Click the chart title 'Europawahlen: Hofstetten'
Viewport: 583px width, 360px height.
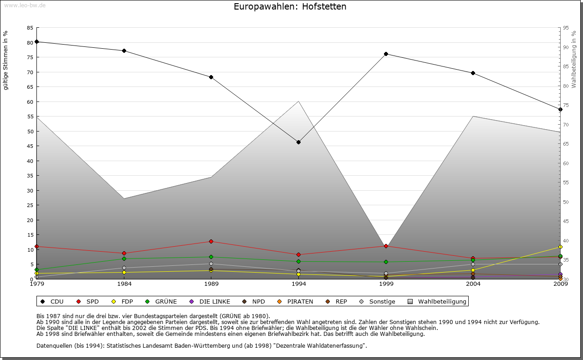click(x=290, y=7)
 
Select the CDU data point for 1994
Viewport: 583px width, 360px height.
click(x=298, y=142)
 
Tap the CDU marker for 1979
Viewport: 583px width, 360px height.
click(x=36, y=41)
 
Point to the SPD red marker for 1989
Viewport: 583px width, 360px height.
click(x=211, y=241)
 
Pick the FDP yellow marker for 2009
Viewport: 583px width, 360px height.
click(x=560, y=247)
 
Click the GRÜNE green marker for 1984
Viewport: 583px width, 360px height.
click(x=124, y=259)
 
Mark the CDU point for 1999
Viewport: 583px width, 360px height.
click(x=386, y=54)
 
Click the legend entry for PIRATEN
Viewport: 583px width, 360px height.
click(x=296, y=301)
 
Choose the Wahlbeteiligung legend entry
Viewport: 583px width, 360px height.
click(x=438, y=301)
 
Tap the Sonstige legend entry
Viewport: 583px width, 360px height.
click(x=378, y=301)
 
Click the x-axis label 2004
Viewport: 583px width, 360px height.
click(x=473, y=284)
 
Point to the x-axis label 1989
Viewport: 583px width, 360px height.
click(x=211, y=284)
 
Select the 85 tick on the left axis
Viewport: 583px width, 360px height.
click(x=30, y=28)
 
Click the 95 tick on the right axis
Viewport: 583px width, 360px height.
click(x=566, y=28)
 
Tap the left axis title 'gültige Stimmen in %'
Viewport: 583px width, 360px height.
click(x=6, y=61)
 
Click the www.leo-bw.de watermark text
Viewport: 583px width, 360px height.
click(x=25, y=5)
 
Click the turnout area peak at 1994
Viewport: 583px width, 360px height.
click(x=298, y=101)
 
